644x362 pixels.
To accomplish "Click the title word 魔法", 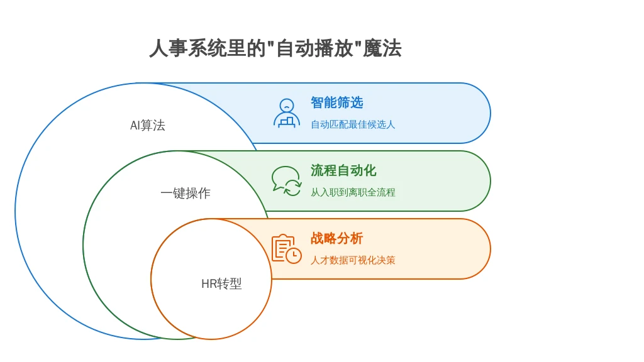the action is point(382,48).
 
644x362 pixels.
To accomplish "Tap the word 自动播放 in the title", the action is point(314,48).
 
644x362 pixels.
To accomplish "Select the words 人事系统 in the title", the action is point(187,48).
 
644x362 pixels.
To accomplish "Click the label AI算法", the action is point(147,125).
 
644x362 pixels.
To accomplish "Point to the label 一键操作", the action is point(186,193).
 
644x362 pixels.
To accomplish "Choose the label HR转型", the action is point(221,283).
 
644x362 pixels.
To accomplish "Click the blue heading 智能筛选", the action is point(337,102).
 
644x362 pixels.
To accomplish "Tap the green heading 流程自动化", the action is point(343,170).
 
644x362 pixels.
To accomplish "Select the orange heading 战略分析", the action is point(337,238).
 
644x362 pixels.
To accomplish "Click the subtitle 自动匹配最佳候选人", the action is point(353,124).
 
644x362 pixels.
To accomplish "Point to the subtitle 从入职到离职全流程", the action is point(353,192).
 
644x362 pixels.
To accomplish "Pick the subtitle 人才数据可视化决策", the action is point(353,260).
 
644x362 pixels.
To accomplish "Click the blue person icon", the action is point(287,113).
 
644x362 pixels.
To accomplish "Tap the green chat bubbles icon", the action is point(286,181).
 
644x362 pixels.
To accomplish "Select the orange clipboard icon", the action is point(287,249).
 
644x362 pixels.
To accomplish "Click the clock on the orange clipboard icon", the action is point(294,255).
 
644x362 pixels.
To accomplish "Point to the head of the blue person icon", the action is point(287,105).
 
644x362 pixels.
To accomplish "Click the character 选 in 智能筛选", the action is point(357,102).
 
